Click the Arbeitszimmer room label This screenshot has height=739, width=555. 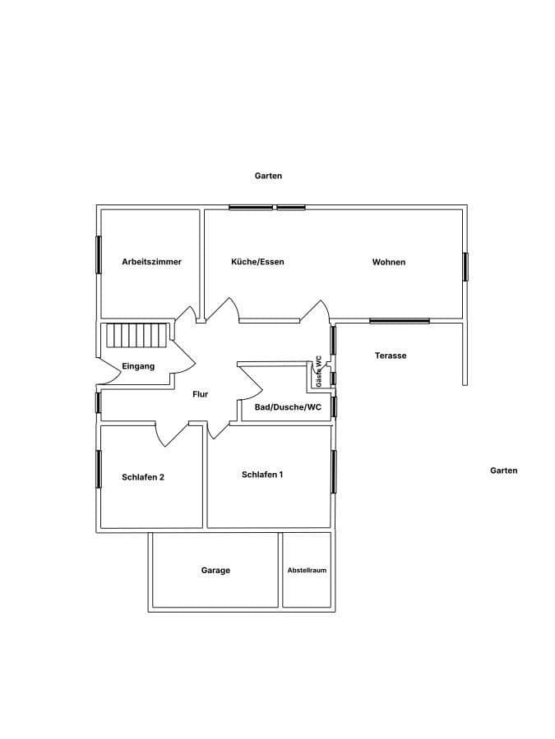pos(151,262)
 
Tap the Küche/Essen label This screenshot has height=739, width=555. pos(257,262)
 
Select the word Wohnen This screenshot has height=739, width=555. pos(389,262)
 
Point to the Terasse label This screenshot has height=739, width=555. pos(391,356)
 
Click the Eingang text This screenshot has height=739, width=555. pos(138,366)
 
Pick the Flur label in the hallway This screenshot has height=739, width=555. pos(201,394)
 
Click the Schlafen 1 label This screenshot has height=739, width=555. pos(263,475)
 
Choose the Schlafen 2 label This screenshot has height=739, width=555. pos(143,477)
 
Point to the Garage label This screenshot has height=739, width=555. pos(216,570)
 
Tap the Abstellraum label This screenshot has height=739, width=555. pos(307,570)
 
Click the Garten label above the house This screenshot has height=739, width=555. pos(269,176)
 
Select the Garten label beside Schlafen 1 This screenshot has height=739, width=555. pos(503,470)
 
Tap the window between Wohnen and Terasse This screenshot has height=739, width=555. pos(399,321)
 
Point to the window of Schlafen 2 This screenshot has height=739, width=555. pos(99,470)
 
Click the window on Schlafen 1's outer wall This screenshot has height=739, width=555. pos(334,471)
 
